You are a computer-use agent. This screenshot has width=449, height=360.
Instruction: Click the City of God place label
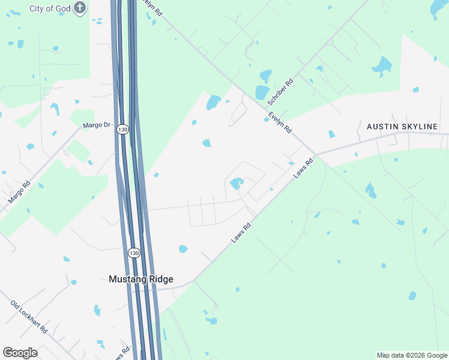pyautogui.click(x=49, y=9)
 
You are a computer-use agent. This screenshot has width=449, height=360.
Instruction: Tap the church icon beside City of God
pyautogui.click(x=80, y=8)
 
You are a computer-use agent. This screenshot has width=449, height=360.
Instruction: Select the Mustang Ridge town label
pyautogui.click(x=141, y=279)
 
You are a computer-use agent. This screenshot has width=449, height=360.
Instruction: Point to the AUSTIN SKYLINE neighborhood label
pyautogui.click(x=407, y=127)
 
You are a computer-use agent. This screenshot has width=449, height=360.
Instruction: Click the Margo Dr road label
pyautogui.click(x=97, y=125)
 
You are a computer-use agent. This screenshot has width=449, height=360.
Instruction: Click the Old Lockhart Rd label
pyautogui.click(x=29, y=313)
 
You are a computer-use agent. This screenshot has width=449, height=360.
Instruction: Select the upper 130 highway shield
pyautogui.click(x=123, y=130)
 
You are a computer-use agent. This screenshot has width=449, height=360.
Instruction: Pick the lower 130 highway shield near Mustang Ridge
pyautogui.click(x=134, y=253)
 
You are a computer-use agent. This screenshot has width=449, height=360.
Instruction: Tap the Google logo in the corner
pyautogui.click(x=20, y=353)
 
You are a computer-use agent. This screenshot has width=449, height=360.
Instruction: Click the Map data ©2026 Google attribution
pyautogui.click(x=412, y=355)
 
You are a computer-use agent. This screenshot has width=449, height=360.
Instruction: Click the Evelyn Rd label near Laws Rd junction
pyautogui.click(x=280, y=122)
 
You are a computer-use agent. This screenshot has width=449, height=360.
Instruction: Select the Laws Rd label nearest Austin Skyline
pyautogui.click(x=304, y=167)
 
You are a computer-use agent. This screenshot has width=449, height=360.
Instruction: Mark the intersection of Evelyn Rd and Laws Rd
pyautogui.click(x=316, y=154)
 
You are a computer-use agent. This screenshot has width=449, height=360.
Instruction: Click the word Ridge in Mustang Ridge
pyautogui.click(x=158, y=279)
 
